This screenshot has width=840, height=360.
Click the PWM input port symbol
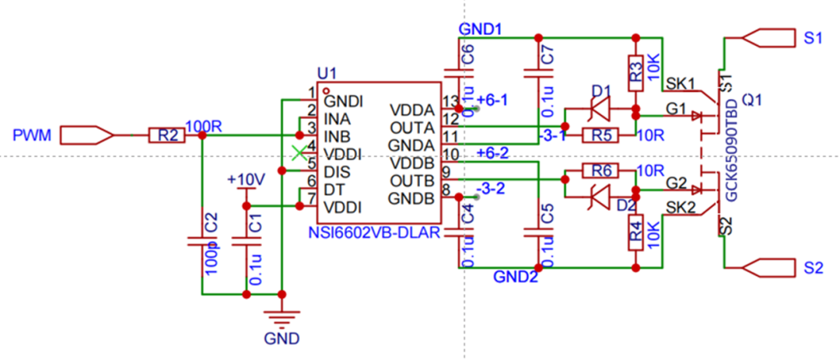click(x=86, y=136)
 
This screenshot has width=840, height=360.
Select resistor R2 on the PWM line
click(x=167, y=136)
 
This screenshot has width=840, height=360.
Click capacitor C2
click(x=201, y=243)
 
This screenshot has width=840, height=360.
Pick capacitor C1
click(x=247, y=243)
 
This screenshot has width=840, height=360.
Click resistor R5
click(x=599, y=136)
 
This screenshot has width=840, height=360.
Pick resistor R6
click(x=599, y=171)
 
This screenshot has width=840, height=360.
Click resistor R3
click(x=636, y=72)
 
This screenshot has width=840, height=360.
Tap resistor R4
click(x=636, y=232)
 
